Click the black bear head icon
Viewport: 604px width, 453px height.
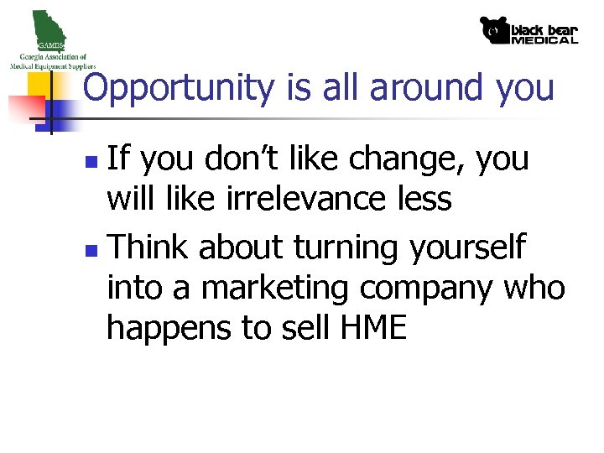point(494,31)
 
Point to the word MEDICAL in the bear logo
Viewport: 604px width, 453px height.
point(544,39)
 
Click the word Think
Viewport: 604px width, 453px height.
point(150,247)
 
